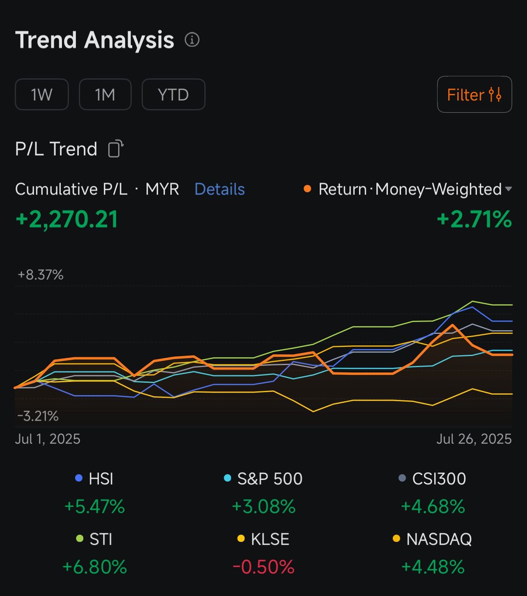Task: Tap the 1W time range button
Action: pos(42,95)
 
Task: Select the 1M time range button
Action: pos(105,95)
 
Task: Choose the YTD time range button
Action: pos(173,95)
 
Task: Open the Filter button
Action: pos(474,95)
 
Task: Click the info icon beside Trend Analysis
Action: pos(192,40)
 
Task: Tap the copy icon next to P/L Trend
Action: pos(115,149)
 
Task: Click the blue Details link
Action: pos(219,189)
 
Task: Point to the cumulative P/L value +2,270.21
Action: pos(67,219)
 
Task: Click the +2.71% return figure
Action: pos(474,219)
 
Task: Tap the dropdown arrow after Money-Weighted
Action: pos(508,189)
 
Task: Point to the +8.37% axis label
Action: pos(41,275)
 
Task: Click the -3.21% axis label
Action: pos(38,416)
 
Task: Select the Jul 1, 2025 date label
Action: pos(47,439)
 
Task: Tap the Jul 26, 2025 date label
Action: pos(473,439)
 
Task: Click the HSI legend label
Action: pos(101,479)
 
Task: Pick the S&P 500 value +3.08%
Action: pos(263,507)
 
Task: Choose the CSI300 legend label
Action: pos(439,479)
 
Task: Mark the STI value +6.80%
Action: pos(95,567)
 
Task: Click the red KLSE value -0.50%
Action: pos(263,567)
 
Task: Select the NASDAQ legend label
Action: pos(439,539)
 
